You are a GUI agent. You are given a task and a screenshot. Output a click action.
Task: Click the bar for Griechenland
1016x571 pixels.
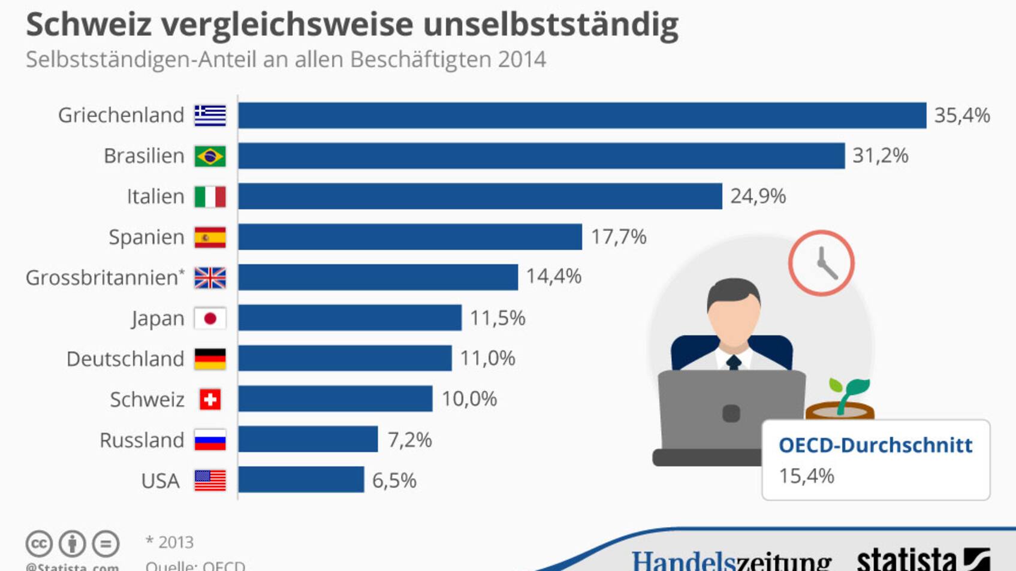point(581,115)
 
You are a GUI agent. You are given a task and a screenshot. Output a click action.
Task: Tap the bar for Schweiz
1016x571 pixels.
point(335,399)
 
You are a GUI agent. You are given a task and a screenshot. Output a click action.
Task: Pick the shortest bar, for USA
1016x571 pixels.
point(301,480)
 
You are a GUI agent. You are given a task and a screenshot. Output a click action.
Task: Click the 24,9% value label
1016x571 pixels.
point(758,197)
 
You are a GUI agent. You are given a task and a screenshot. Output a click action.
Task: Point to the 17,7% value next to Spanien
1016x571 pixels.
point(619,237)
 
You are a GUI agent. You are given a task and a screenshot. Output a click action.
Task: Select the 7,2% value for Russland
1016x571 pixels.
point(409,440)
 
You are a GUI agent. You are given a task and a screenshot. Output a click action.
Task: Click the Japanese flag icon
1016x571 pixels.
point(210,319)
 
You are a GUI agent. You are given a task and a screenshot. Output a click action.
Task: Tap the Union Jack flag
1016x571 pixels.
point(210,278)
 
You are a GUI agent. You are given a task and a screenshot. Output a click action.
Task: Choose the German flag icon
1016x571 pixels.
point(210,359)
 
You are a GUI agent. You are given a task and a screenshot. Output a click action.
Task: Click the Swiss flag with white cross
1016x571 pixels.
point(210,400)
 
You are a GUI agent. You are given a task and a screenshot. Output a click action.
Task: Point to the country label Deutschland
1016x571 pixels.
point(125,359)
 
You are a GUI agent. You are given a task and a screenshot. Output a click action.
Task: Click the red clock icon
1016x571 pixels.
point(821,263)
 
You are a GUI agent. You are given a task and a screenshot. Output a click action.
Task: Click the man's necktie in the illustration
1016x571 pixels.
point(733,362)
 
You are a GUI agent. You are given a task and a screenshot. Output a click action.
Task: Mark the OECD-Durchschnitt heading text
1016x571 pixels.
point(875,445)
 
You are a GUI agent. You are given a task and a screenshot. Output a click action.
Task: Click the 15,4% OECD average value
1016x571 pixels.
point(806,476)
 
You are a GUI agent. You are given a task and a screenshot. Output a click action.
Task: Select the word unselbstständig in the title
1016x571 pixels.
point(550,25)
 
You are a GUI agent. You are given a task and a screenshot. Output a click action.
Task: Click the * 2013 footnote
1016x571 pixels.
point(170,542)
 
